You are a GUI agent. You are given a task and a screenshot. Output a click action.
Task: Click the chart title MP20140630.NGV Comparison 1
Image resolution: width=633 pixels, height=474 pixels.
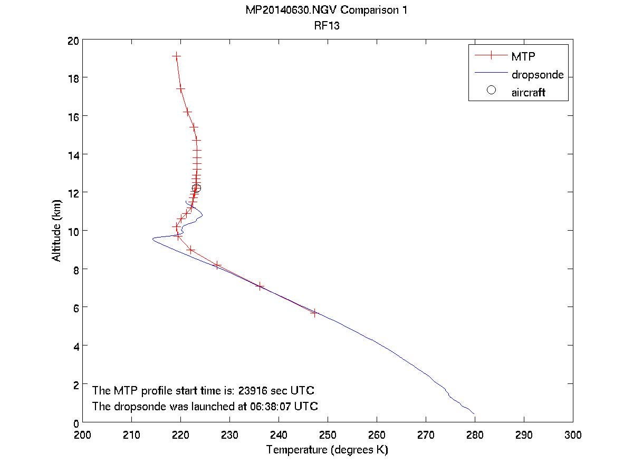pyautogui.click(x=327, y=11)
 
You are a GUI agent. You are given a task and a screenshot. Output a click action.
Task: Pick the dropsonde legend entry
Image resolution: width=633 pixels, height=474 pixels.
pyautogui.click(x=537, y=75)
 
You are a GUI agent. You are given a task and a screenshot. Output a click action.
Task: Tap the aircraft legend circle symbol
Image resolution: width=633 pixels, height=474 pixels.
pyautogui.click(x=491, y=90)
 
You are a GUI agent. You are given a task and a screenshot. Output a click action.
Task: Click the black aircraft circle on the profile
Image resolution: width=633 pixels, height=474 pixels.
pyautogui.click(x=196, y=188)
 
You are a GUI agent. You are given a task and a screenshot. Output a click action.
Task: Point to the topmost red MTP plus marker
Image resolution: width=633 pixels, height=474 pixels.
pyautogui.click(x=176, y=56)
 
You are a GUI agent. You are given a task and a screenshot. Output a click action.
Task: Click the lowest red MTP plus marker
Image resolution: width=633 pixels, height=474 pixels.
pyautogui.click(x=314, y=313)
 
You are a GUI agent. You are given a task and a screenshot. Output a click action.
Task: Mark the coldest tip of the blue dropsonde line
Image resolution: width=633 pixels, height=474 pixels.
pyautogui.click(x=152, y=239)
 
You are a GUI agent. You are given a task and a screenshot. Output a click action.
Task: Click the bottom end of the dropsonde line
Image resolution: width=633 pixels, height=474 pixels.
pyautogui.click(x=474, y=414)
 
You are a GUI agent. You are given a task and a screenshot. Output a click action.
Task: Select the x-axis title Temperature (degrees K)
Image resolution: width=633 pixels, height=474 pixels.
pyautogui.click(x=327, y=450)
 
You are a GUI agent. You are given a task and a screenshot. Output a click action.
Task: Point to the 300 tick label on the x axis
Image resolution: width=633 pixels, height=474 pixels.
pyautogui.click(x=572, y=435)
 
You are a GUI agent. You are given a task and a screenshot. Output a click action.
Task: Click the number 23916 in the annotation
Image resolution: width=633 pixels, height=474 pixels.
pyautogui.click(x=256, y=391)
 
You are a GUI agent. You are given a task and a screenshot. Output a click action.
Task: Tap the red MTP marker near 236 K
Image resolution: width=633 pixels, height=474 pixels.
pyautogui.click(x=260, y=287)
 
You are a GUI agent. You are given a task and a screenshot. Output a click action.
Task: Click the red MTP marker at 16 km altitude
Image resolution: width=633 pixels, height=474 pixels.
pyautogui.click(x=187, y=112)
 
